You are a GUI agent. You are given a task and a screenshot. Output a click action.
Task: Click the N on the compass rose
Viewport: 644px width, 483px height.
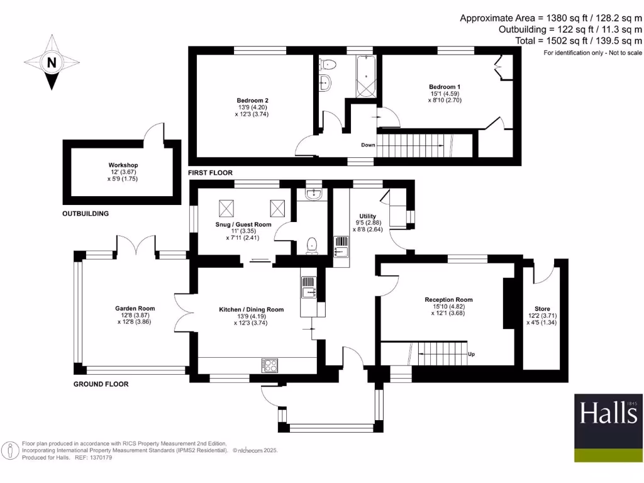(52, 62)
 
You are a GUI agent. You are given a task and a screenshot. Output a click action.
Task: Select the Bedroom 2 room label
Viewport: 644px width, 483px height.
(253, 101)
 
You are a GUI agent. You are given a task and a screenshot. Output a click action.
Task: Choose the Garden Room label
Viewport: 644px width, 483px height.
(135, 308)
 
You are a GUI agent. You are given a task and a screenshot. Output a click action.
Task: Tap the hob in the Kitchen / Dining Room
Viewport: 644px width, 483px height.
(270, 365)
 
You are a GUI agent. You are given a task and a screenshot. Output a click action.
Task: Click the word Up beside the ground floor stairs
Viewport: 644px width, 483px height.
(471, 354)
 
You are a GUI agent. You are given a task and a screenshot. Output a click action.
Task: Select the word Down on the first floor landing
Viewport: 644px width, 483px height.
(368, 145)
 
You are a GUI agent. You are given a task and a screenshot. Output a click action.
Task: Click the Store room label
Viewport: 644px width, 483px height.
(541, 309)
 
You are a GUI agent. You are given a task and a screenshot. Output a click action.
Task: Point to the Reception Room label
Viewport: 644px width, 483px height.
(448, 299)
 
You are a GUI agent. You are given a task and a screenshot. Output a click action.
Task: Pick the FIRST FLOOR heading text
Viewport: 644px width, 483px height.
(210, 172)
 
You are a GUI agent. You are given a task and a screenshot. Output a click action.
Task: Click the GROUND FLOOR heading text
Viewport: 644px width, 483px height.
(101, 384)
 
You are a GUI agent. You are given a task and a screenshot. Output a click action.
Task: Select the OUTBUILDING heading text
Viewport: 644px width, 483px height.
(85, 214)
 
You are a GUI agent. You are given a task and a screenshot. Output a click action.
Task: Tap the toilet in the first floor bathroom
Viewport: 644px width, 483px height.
(328, 64)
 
